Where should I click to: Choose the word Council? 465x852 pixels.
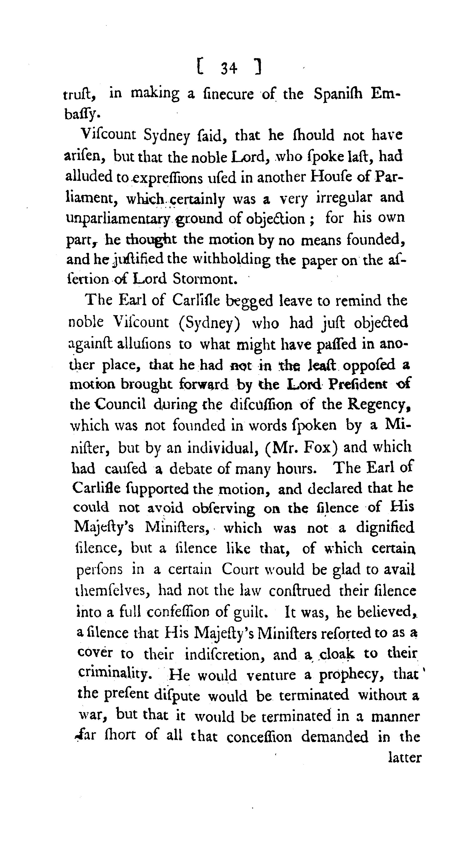tap(121, 404)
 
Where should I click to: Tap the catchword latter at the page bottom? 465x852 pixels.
tap(404, 757)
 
